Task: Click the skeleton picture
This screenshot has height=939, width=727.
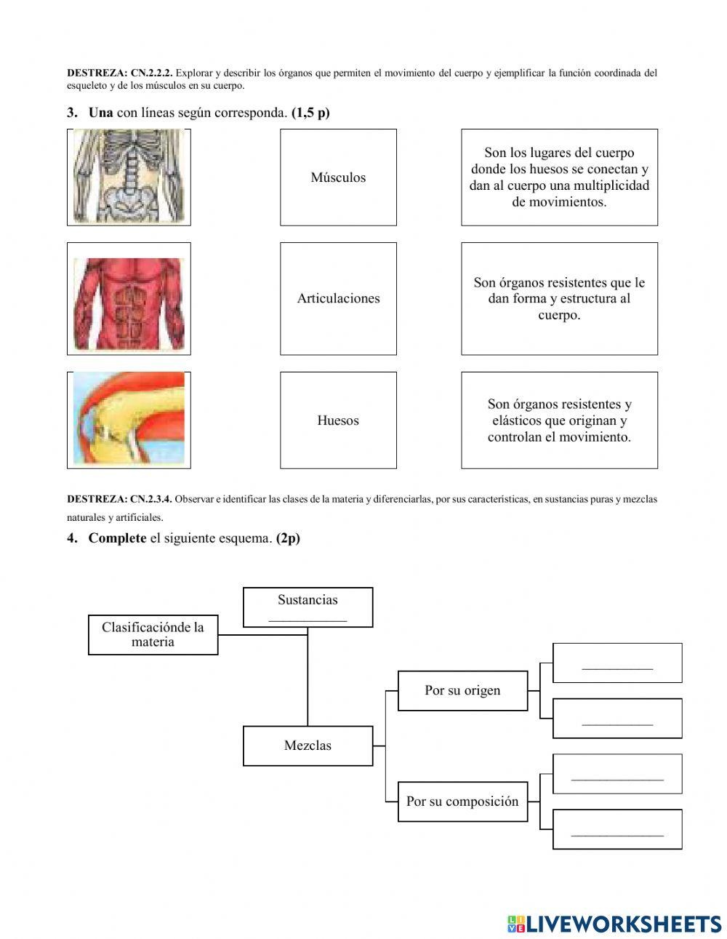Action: coord(129,177)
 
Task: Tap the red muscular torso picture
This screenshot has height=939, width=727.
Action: coord(129,299)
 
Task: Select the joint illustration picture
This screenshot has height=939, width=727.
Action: coord(129,420)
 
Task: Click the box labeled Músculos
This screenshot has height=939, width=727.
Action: coord(338,177)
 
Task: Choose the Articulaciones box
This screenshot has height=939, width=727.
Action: coord(338,298)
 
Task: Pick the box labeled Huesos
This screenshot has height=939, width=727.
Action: coord(338,420)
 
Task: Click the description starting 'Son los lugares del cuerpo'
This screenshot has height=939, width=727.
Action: coord(559,177)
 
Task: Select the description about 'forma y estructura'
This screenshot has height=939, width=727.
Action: coord(559,298)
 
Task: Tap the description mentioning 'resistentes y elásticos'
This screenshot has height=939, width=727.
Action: coord(559,420)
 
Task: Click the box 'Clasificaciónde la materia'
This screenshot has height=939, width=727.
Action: coord(153,634)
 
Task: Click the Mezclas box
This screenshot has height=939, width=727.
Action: coord(308,746)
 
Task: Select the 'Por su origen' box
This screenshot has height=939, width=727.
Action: coord(462,690)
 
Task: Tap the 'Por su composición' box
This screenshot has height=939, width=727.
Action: coord(462,802)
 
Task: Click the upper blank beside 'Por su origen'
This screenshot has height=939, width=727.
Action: coord(617,664)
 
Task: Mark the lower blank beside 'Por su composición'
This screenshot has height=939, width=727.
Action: coord(617,831)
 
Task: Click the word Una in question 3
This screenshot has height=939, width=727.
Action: coord(101,113)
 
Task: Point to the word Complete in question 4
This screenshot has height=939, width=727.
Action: coord(117,538)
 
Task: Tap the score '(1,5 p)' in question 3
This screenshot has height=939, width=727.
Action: coord(310,113)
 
